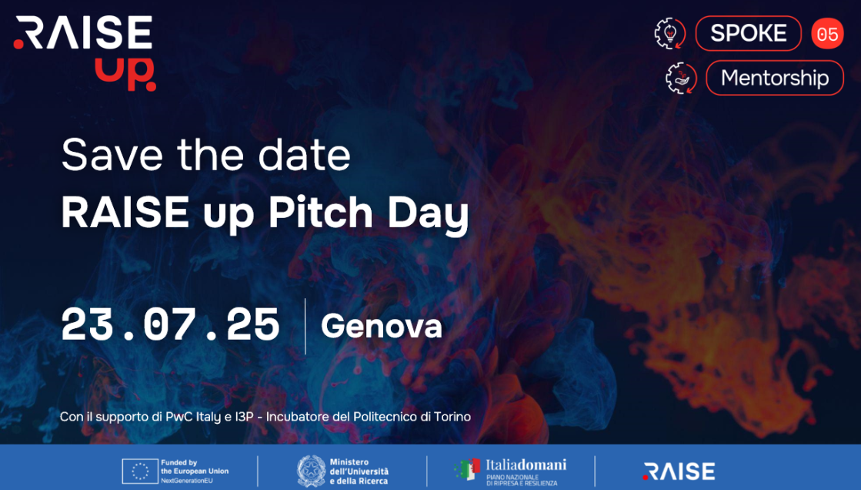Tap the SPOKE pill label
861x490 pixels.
point(748,34)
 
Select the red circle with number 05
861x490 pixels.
point(827,34)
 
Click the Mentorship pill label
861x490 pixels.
point(774,78)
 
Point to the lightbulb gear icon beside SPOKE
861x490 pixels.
point(670,34)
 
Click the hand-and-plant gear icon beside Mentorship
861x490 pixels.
point(681,78)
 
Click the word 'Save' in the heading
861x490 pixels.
point(112,155)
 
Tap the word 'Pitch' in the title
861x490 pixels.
point(321,213)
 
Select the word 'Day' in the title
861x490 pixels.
point(429,215)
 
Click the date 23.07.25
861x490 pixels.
point(170,325)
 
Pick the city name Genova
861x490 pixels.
point(382,326)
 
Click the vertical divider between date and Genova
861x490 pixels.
point(305,326)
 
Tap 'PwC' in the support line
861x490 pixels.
point(179,417)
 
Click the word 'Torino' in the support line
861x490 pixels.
point(452,417)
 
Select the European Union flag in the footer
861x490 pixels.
point(140,472)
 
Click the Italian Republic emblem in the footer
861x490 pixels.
point(311,472)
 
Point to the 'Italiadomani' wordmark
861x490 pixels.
point(526,465)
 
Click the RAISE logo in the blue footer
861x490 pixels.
point(679,472)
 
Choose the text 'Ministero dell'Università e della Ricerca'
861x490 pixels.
point(359,472)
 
